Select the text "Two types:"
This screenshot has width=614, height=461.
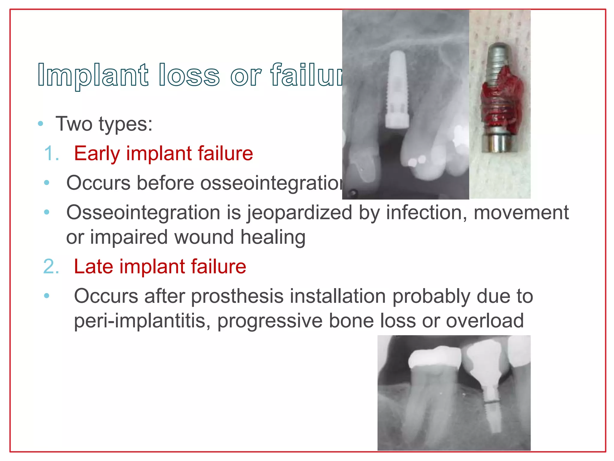point(104,124)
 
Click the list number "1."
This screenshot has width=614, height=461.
point(52,153)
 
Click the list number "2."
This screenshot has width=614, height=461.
point(51,267)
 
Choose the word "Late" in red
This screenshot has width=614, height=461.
point(93,267)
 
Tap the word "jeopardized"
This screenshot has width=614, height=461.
point(299,213)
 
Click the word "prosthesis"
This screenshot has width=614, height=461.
point(237,296)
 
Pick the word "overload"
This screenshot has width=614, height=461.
point(485,321)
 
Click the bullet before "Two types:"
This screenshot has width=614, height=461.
point(41,124)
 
